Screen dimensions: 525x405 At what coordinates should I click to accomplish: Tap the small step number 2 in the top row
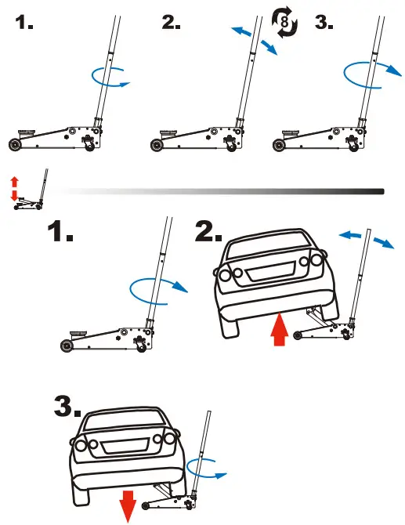point(172,23)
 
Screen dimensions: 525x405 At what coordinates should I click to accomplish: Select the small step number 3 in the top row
point(324,23)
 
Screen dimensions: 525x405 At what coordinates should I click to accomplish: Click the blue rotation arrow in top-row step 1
point(109,77)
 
